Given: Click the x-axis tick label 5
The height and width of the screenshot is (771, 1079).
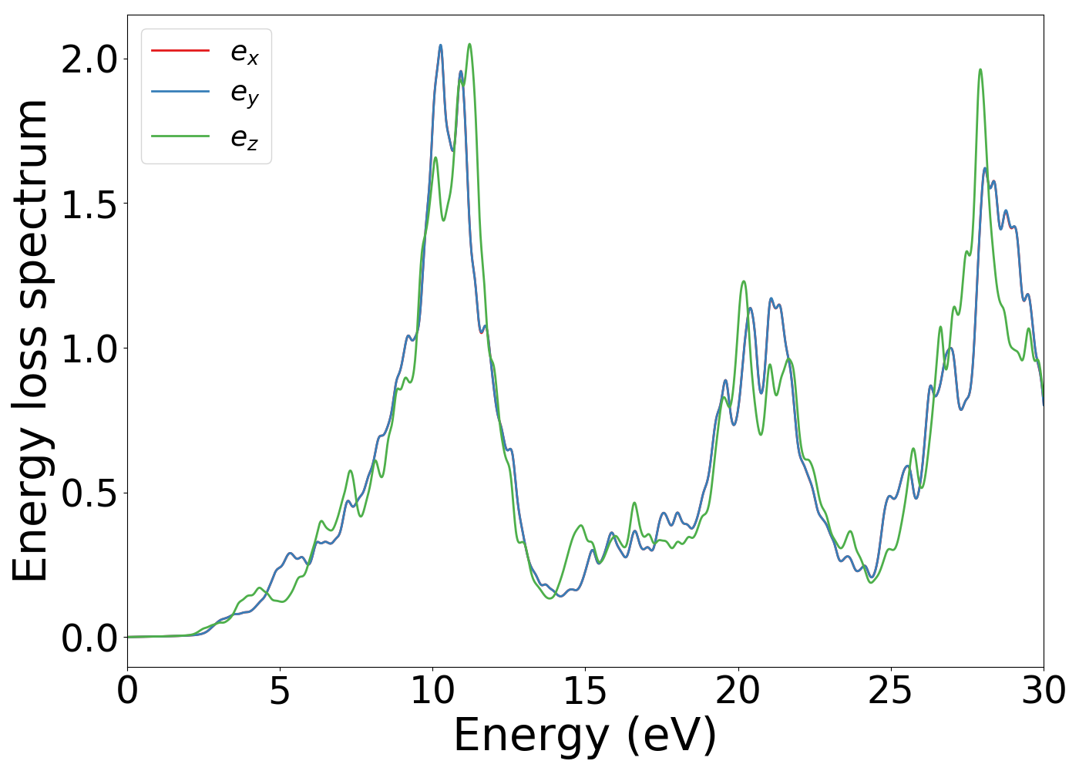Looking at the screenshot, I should (x=280, y=691).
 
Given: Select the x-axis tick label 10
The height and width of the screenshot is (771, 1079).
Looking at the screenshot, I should (x=432, y=691).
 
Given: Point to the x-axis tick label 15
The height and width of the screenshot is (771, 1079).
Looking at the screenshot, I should (x=585, y=691).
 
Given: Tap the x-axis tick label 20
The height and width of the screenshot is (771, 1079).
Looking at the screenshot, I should (x=738, y=691).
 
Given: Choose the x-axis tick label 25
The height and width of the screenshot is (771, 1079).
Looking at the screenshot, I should (x=890, y=691).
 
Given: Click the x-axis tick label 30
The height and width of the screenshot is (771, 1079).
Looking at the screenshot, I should (x=1043, y=691).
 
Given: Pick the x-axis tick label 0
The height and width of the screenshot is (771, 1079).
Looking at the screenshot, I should (x=127, y=691).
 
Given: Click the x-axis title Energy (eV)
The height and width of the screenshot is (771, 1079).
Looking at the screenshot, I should (x=585, y=736).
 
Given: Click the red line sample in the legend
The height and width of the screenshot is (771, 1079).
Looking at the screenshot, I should (x=180, y=51).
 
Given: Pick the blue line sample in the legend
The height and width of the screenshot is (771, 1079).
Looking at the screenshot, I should (x=180, y=93).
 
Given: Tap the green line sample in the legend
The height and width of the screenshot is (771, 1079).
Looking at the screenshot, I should (x=180, y=136).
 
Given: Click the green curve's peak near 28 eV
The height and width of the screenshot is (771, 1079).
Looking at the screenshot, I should (x=980, y=69).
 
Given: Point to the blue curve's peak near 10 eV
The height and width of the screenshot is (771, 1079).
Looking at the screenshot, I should (x=441, y=45).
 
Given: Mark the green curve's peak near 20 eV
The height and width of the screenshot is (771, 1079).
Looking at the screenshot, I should (x=744, y=281).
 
